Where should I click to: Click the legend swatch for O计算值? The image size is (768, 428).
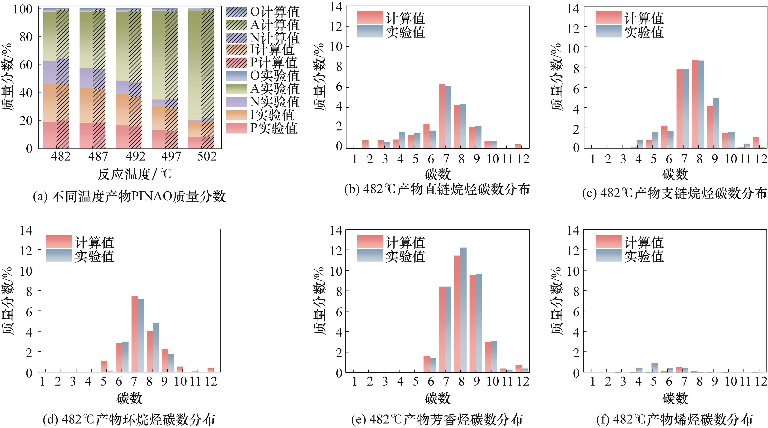click(236, 12)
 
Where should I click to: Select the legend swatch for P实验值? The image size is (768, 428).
click(236, 128)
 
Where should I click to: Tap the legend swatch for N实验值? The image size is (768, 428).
click(236, 102)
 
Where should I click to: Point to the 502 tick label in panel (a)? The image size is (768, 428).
click(207, 156)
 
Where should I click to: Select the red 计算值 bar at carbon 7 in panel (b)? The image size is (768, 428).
click(441, 116)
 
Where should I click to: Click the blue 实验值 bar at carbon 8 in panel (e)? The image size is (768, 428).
click(463, 310)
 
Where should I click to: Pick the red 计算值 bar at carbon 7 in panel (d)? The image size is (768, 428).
click(134, 334)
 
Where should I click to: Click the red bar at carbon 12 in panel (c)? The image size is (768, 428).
click(756, 143)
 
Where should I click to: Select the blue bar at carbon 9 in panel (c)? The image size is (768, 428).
click(716, 123)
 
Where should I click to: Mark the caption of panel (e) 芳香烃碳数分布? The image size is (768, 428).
click(437, 420)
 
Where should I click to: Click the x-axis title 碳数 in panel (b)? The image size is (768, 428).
click(437, 174)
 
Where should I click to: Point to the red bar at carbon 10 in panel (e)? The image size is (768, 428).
click(488, 357)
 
